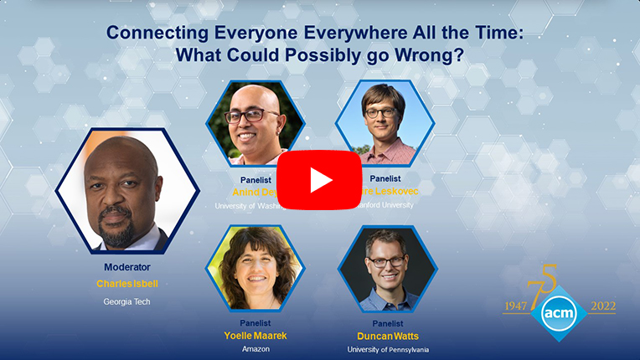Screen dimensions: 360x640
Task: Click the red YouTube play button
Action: [x=320, y=180]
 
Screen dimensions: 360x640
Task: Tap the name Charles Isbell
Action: [x=127, y=284]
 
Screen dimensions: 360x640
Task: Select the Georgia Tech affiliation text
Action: [x=127, y=301]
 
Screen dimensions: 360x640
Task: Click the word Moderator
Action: [x=127, y=267]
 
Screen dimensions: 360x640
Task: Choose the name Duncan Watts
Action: [x=387, y=336]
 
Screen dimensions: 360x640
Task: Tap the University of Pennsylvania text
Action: [x=386, y=349]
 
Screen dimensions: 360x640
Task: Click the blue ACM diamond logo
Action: [x=558, y=312]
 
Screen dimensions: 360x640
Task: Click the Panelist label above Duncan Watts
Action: [x=387, y=322]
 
